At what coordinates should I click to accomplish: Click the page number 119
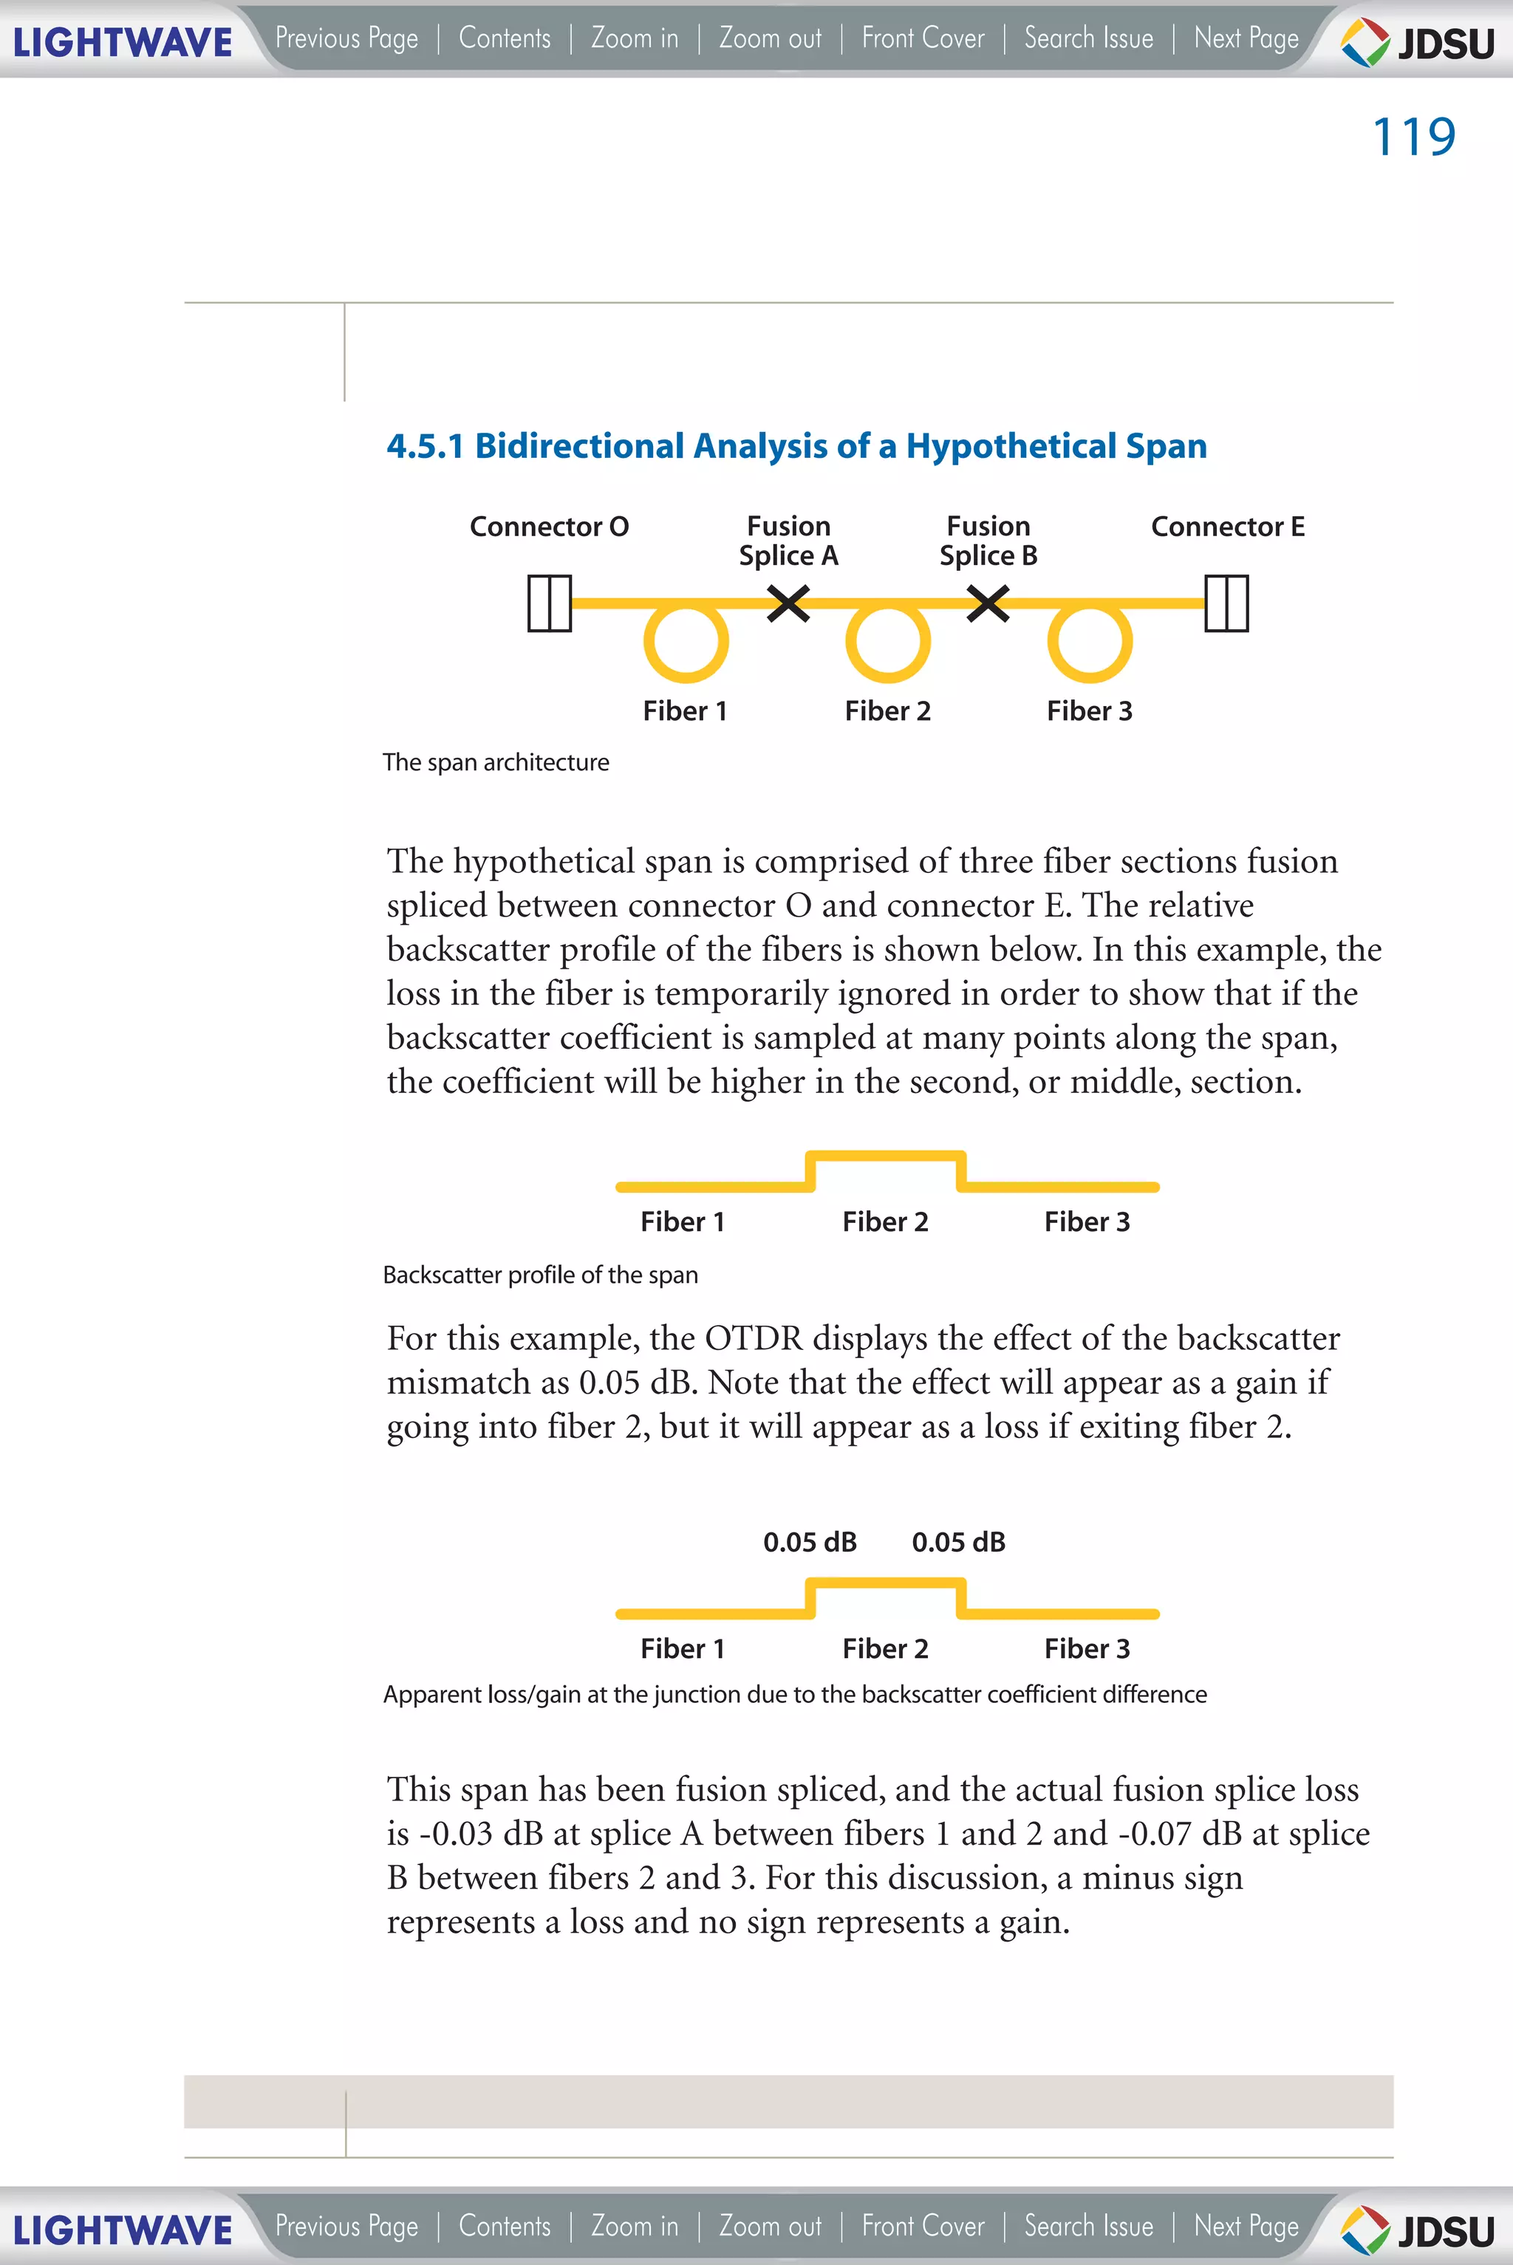click(x=1413, y=137)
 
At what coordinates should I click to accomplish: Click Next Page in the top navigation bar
click(x=1246, y=38)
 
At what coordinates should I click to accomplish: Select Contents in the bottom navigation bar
click(x=505, y=2225)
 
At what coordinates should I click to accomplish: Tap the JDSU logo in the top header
click(x=1418, y=42)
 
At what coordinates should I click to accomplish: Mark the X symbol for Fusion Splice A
click(x=788, y=604)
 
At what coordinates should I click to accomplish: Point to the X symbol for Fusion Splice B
click(x=988, y=604)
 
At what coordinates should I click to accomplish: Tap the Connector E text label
click(x=1227, y=527)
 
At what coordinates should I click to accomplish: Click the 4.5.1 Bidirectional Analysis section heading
click(x=796, y=445)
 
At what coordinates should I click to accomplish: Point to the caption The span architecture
click(x=496, y=762)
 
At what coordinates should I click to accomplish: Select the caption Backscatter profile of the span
click(x=540, y=1275)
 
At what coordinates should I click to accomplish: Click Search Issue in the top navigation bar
click(x=1088, y=38)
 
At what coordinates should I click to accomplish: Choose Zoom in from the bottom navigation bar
click(x=634, y=2225)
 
